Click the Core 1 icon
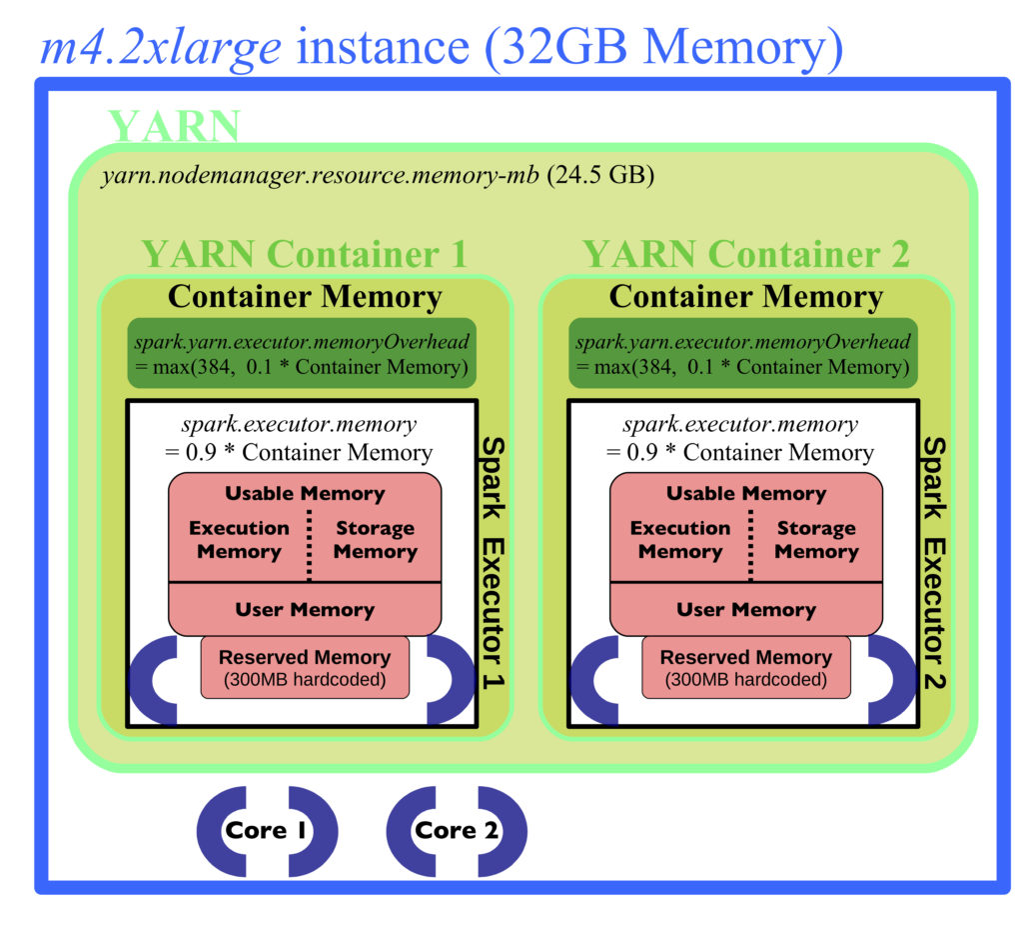pyautogui.click(x=266, y=830)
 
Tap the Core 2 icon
pyautogui.click(x=456, y=830)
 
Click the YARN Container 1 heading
pyautogui.click(x=305, y=254)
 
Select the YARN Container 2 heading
pyautogui.click(x=745, y=254)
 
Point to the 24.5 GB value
pyautogui.click(x=600, y=175)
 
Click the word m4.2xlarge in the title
pyautogui.click(x=161, y=48)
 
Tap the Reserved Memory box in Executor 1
pyautogui.click(x=305, y=668)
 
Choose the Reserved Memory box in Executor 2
pyautogui.click(x=745, y=668)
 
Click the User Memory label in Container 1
pyautogui.click(x=305, y=609)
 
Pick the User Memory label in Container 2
pyautogui.click(x=745, y=609)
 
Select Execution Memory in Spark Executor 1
pyautogui.click(x=239, y=539)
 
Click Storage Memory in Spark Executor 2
pyautogui.click(x=816, y=539)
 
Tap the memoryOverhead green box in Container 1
pyautogui.click(x=302, y=353)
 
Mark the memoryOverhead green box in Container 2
pyautogui.click(x=743, y=353)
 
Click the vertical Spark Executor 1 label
pyautogui.click(x=494, y=563)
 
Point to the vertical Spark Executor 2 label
pyautogui.click(x=934, y=563)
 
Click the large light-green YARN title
pyautogui.click(x=175, y=125)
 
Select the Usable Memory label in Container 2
pyautogui.click(x=745, y=493)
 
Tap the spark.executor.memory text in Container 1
pyautogui.click(x=299, y=425)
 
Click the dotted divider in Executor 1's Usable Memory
pyautogui.click(x=310, y=545)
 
